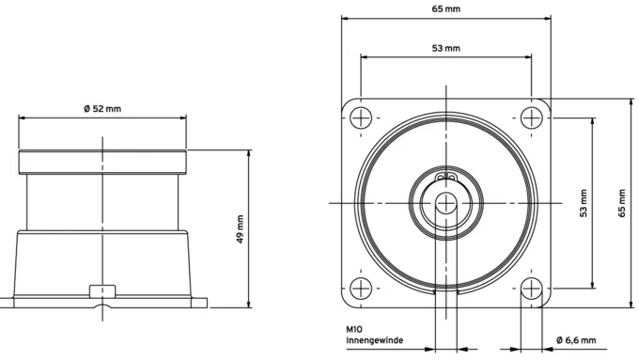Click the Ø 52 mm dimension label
(102, 109)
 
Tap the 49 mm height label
(240, 229)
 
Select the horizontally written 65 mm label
(446, 8)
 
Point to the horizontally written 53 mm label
(446, 48)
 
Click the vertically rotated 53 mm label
(584, 203)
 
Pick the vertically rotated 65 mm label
(621, 203)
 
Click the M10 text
(354, 329)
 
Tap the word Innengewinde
(375, 340)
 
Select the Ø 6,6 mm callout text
(576, 340)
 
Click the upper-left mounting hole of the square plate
(361, 117)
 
